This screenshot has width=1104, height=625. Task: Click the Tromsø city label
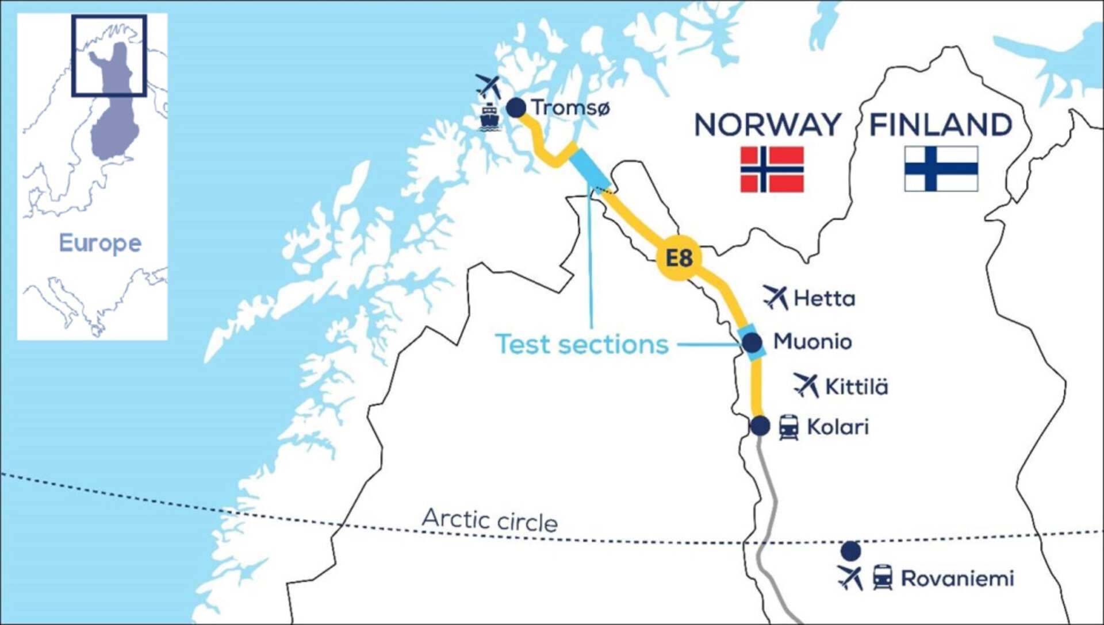pyautogui.click(x=570, y=107)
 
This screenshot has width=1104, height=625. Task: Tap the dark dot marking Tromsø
pyautogui.click(x=516, y=107)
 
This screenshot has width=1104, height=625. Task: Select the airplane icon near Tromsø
pyautogui.click(x=489, y=86)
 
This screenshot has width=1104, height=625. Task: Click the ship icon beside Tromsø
pyautogui.click(x=489, y=117)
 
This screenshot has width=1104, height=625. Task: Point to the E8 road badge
pyautogui.click(x=679, y=259)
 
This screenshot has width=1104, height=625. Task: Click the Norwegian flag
pyautogui.click(x=772, y=169)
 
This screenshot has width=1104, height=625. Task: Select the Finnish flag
pyautogui.click(x=941, y=168)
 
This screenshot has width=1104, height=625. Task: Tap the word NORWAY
pyautogui.click(x=768, y=125)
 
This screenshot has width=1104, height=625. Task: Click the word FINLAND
pyautogui.click(x=941, y=125)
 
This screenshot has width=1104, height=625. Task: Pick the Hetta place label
pyautogui.click(x=824, y=299)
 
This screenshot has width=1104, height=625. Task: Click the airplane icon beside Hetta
pyautogui.click(x=776, y=297)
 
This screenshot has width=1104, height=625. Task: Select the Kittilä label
pyautogui.click(x=856, y=387)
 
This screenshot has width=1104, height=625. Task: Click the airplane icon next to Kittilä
pyautogui.click(x=806, y=385)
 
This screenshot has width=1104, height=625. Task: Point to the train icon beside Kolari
pyautogui.click(x=788, y=428)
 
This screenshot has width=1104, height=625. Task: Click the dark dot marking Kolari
pyautogui.click(x=760, y=426)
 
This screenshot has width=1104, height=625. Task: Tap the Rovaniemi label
pyautogui.click(x=957, y=578)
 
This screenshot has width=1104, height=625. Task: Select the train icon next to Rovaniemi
pyautogui.click(x=883, y=577)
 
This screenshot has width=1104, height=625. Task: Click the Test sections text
pyautogui.click(x=582, y=345)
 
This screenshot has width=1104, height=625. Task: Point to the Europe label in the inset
pyautogui.click(x=100, y=244)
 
